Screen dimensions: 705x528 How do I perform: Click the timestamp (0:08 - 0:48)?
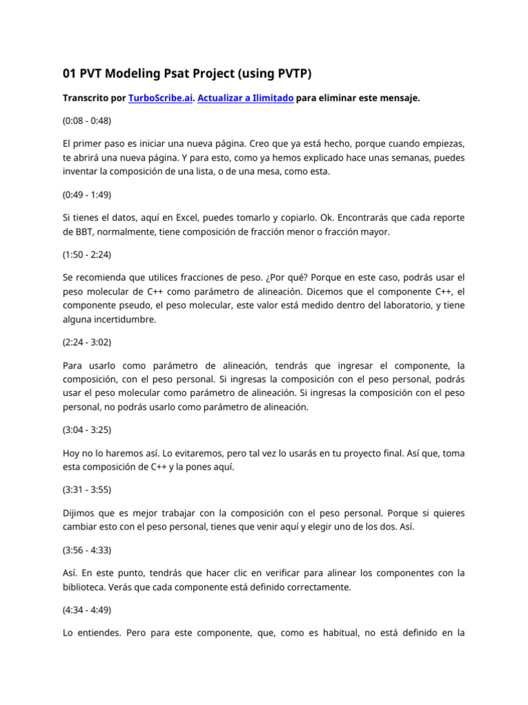pyautogui.click(x=87, y=120)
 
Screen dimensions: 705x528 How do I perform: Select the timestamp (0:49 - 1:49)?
pyautogui.click(x=87, y=194)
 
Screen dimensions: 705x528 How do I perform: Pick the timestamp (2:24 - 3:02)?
pyautogui.click(x=87, y=341)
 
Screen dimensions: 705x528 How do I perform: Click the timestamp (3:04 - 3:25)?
pyautogui.click(x=87, y=430)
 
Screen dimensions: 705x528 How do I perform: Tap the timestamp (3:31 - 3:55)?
pyautogui.click(x=87, y=490)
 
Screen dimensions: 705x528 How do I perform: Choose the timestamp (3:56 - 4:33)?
pyautogui.click(x=87, y=550)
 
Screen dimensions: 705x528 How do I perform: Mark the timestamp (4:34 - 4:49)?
pyautogui.click(x=87, y=609)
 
